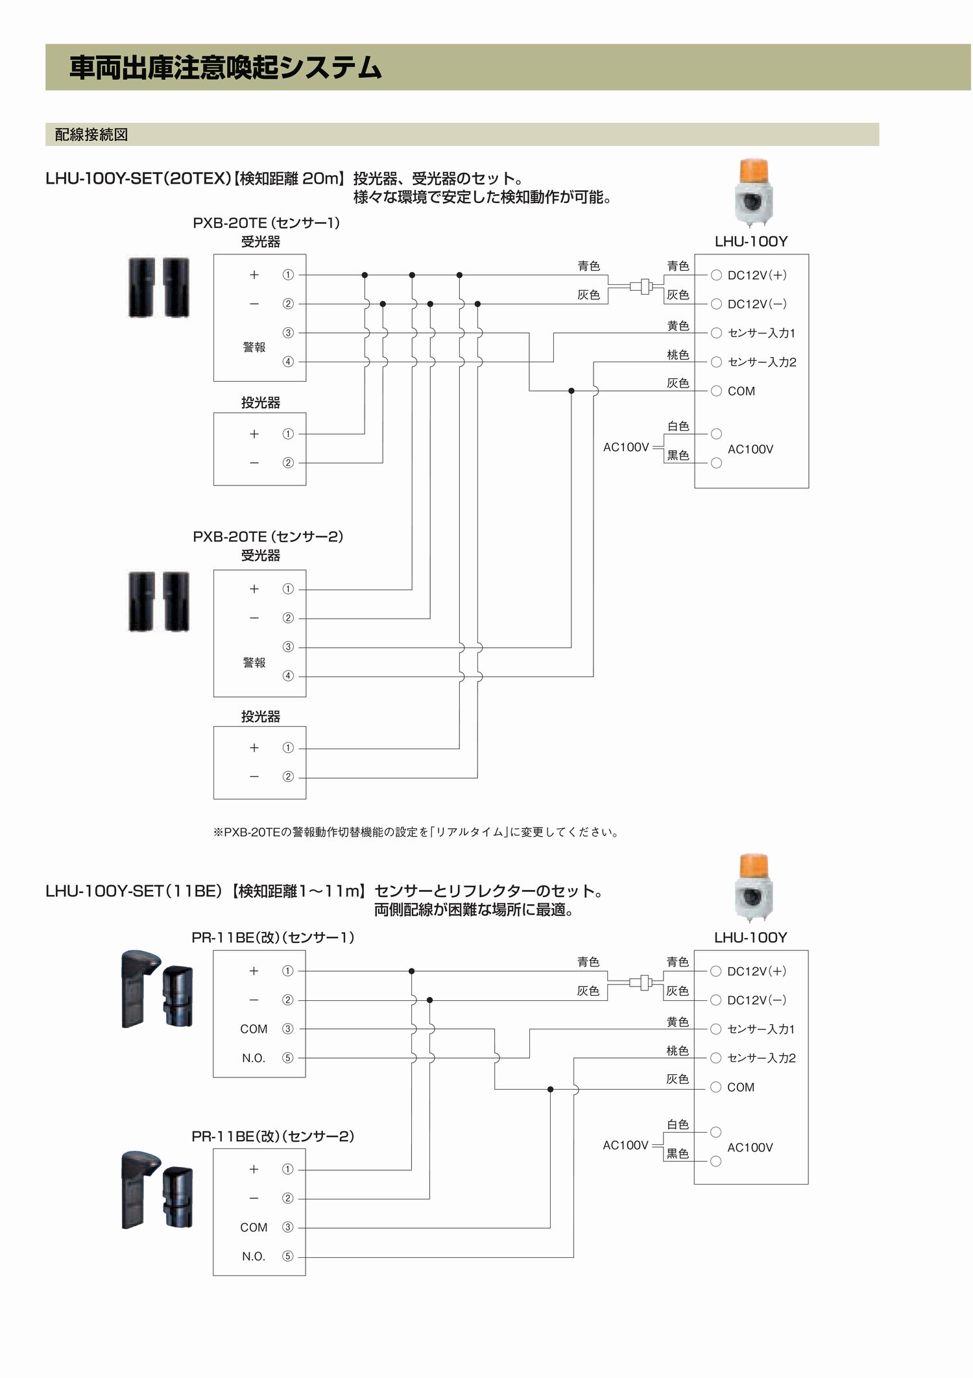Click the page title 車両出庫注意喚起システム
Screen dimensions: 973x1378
(x=225, y=68)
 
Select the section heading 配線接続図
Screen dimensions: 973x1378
(x=91, y=134)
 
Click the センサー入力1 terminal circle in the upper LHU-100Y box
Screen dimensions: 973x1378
(x=716, y=333)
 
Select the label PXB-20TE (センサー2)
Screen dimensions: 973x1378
(x=268, y=537)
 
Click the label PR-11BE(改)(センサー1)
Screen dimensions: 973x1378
(x=273, y=937)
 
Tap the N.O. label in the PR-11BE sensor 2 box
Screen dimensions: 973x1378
(x=254, y=1256)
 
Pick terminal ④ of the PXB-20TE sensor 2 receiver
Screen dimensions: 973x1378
(x=288, y=676)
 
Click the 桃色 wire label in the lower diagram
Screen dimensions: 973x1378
(x=678, y=1050)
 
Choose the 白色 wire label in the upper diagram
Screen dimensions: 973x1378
(x=679, y=426)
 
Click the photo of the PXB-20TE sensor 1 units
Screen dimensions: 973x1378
(x=159, y=287)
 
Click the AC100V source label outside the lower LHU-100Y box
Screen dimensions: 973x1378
(x=625, y=1145)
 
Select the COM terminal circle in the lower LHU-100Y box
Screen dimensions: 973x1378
(x=715, y=1087)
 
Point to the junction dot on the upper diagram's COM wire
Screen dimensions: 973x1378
(x=571, y=391)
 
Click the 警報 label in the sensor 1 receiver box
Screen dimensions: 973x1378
(x=254, y=347)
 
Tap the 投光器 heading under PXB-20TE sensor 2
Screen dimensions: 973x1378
(x=261, y=716)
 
